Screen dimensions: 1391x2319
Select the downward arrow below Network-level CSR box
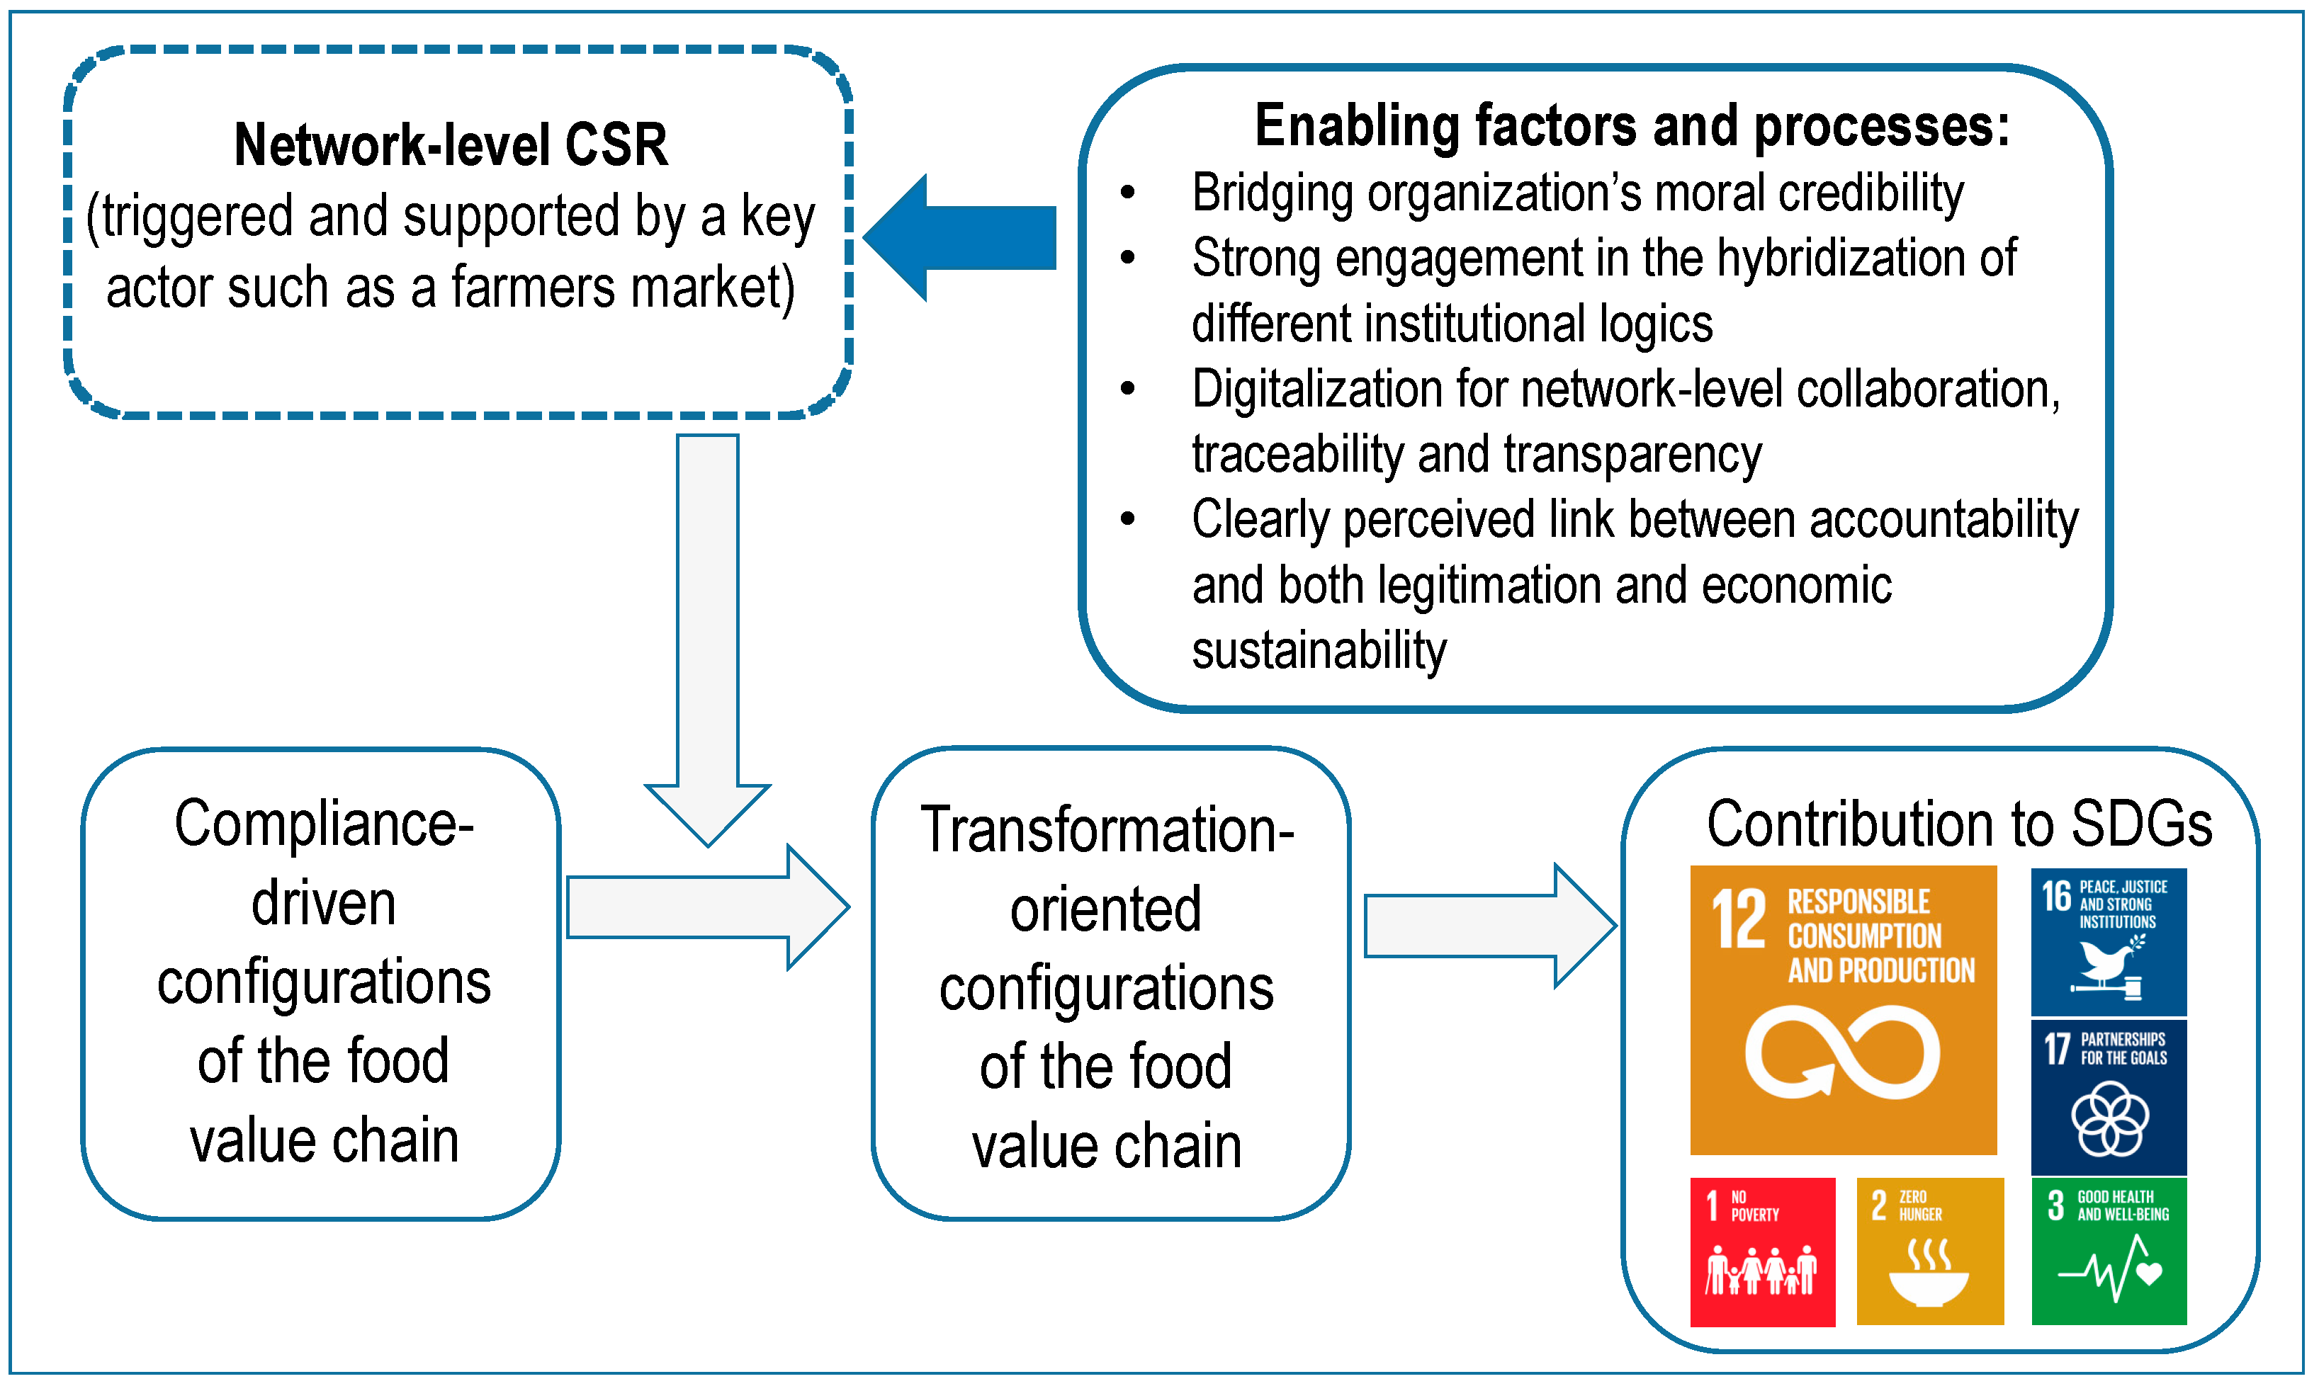(x=708, y=637)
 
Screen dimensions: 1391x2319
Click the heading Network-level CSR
(x=451, y=145)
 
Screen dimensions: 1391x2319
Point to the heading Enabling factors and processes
(x=1632, y=127)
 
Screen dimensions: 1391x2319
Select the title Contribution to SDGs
(x=1959, y=825)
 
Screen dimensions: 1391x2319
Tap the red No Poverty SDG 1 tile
(x=1762, y=1251)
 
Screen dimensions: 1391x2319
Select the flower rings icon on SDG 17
(x=2109, y=1118)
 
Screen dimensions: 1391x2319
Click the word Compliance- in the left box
(x=324, y=825)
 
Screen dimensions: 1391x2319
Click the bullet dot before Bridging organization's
(x=1128, y=193)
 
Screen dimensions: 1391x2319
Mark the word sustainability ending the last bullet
(x=1319, y=650)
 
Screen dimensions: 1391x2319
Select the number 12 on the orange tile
(x=1739, y=921)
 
